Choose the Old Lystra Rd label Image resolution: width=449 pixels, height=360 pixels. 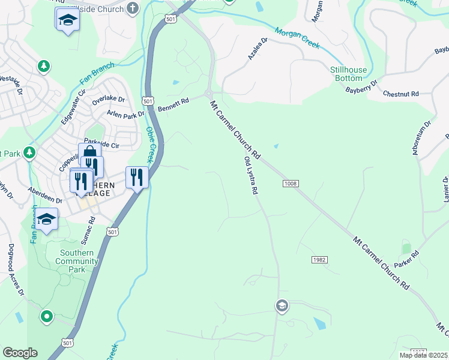(251, 176)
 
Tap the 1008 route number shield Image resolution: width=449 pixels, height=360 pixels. (288, 184)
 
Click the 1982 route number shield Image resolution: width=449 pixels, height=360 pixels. (319, 259)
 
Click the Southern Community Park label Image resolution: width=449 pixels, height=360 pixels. (77, 261)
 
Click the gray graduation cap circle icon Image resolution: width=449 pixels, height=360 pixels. (281, 307)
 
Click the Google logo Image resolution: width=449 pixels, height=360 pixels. (20, 353)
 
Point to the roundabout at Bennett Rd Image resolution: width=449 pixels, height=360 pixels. (208, 93)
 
